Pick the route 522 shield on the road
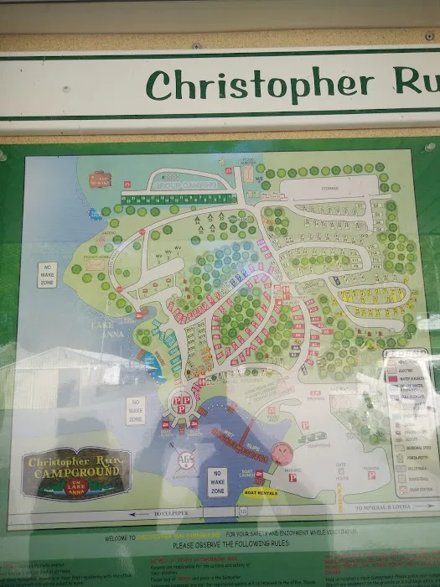pos(243,510)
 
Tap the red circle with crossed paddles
pos(282,454)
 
